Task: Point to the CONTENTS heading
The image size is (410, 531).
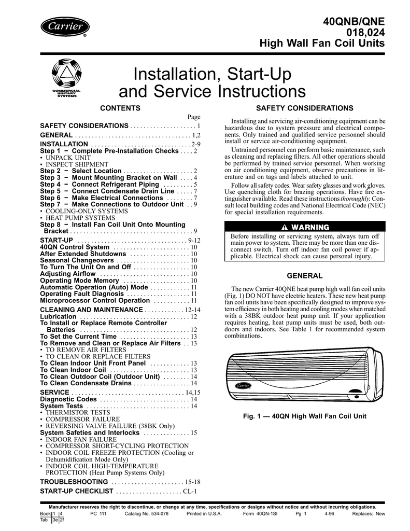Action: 120,108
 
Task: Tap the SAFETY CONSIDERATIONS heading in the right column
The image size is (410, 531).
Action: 305,108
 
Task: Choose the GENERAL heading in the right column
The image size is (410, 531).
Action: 305,276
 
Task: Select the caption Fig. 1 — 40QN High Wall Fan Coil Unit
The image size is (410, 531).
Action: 305,416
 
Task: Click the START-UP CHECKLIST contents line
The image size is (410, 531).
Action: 77,491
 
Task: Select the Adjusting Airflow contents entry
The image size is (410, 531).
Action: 68,274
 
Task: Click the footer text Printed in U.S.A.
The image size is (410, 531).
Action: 204,514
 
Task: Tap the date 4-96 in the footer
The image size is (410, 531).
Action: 329,514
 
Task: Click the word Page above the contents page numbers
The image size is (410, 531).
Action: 193,118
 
